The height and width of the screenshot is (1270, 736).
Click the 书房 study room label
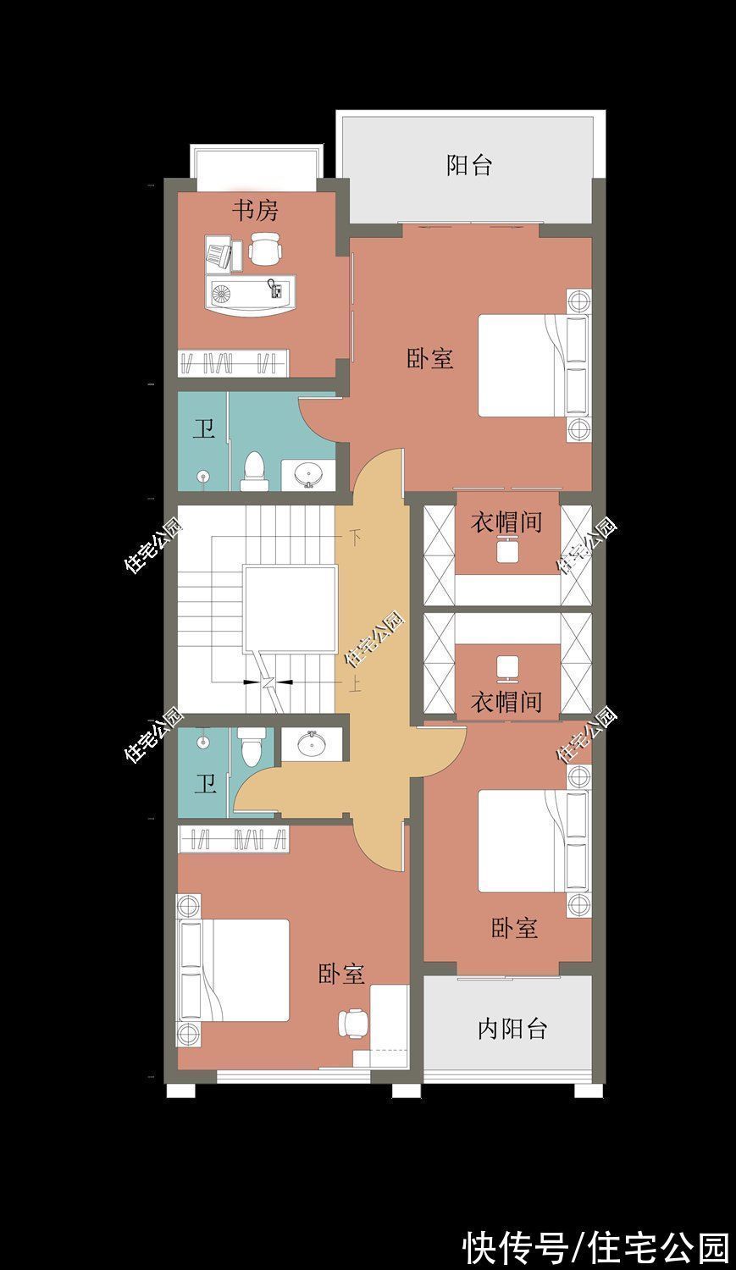pos(256,210)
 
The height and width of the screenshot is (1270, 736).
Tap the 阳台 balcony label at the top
pos(469,165)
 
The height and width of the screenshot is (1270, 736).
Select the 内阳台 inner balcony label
pos(512,1029)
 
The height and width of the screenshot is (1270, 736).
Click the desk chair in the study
pos(265,251)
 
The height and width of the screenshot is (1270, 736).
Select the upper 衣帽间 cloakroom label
pos(506,522)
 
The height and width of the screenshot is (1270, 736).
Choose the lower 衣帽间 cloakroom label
pos(506,701)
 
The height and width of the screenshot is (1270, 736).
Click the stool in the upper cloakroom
pos(507,550)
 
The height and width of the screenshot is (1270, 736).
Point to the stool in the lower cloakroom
pos(507,668)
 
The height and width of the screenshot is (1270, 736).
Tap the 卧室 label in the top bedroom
pos(430,359)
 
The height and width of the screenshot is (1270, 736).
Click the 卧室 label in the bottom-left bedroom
pos(341,974)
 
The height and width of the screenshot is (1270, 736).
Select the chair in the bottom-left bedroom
pos(354,1023)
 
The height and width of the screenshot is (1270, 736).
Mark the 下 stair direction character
pos(356,536)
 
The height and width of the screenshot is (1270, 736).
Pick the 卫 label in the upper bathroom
pos(203,429)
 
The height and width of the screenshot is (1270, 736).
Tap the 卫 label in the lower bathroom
pos(205,784)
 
